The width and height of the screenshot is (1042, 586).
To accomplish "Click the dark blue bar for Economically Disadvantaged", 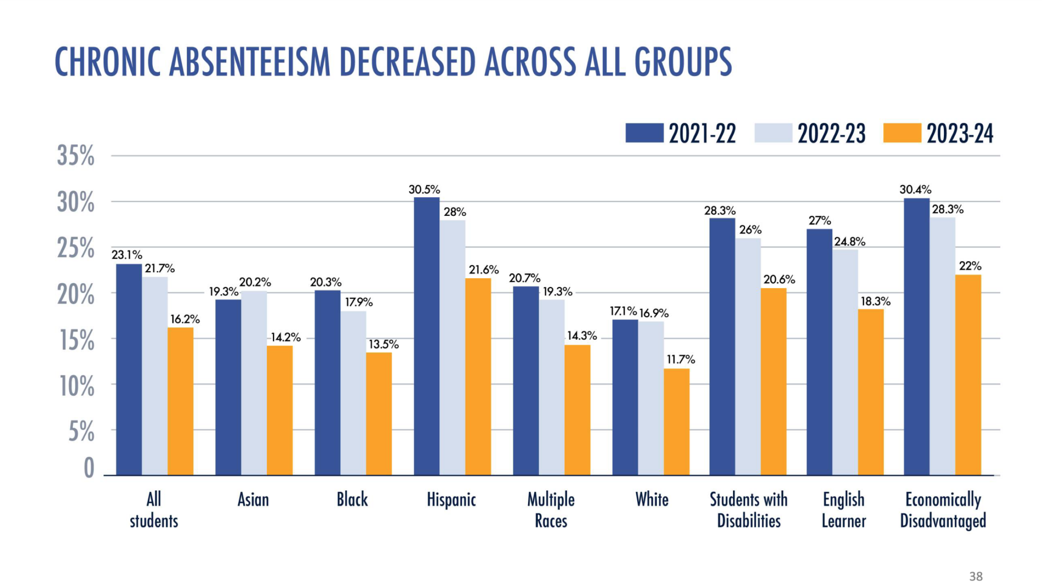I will click(916, 336).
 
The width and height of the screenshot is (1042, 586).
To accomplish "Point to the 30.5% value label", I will click(424, 189).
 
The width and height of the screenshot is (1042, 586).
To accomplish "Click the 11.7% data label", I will click(680, 359).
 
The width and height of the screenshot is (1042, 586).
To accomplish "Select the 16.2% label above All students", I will click(185, 319).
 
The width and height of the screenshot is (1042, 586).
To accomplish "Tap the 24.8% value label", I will click(849, 242).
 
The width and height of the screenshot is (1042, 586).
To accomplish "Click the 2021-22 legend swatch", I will click(644, 133).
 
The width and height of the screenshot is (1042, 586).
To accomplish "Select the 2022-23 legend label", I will click(831, 134).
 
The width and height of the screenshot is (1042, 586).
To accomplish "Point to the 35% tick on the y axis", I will click(76, 156).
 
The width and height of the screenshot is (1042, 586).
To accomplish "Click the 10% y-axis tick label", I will click(77, 387).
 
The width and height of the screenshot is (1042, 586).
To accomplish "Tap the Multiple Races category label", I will click(551, 509).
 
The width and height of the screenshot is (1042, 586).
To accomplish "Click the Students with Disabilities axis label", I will click(748, 509).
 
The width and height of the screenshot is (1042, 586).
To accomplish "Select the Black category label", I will click(352, 499).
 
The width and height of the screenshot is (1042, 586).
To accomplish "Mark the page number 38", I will click(976, 576).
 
